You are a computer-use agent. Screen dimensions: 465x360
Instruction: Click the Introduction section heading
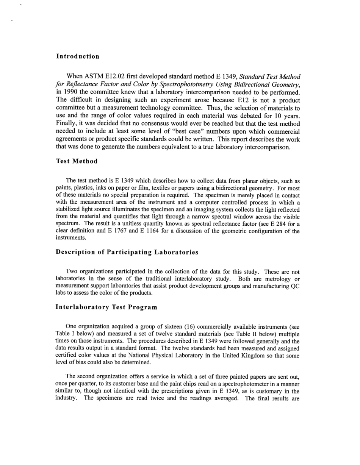tap(78, 56)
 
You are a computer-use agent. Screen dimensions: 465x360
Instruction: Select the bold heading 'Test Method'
tap(77, 161)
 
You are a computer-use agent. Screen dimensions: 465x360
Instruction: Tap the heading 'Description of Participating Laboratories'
tap(127, 252)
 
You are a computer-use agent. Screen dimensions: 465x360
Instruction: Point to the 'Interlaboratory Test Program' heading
tap(106, 307)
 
